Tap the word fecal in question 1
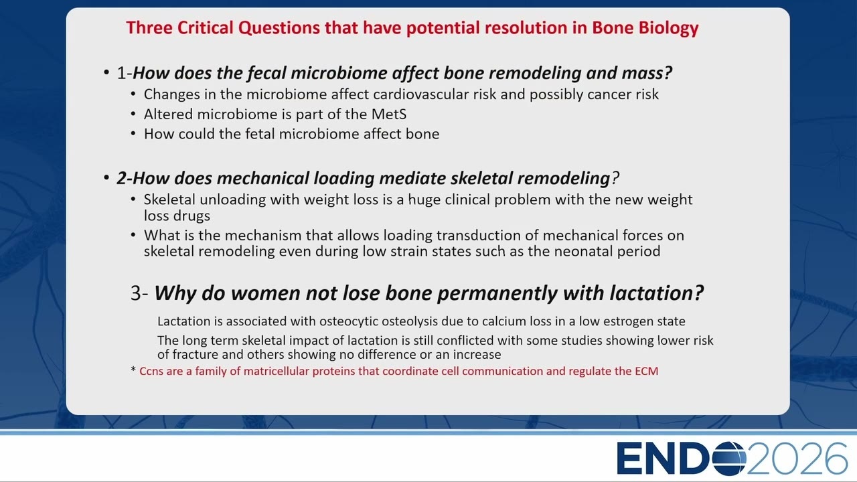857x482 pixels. pyautogui.click(x=266, y=73)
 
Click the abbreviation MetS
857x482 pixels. pyautogui.click(x=389, y=114)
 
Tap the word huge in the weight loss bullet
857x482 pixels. pyautogui.click(x=424, y=200)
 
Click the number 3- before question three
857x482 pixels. pyautogui.click(x=139, y=293)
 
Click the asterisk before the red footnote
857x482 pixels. pyautogui.click(x=133, y=370)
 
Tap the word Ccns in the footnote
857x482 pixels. pyautogui.click(x=151, y=371)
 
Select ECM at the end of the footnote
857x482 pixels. pyautogui.click(x=647, y=371)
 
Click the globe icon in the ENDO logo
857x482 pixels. pyautogui.click(x=729, y=459)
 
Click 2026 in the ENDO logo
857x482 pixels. pyautogui.click(x=797, y=459)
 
